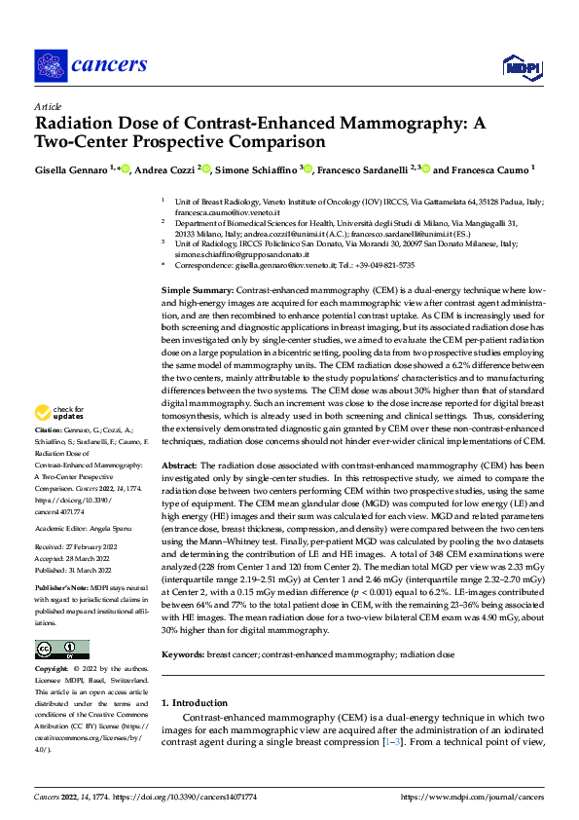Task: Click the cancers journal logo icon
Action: (51, 64)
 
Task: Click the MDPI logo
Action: (518, 65)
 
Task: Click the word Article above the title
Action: (48, 106)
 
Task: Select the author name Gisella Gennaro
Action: (71, 169)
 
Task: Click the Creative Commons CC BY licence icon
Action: (62, 650)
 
